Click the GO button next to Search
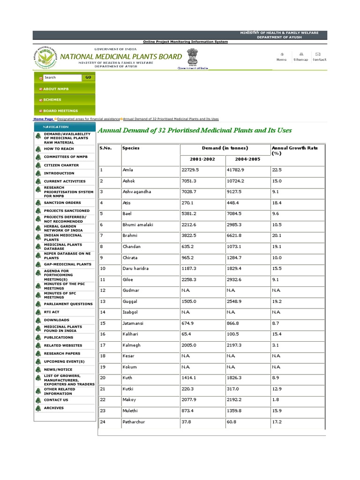point(88,77)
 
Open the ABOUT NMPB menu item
point(56,89)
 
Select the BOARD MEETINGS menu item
point(60,111)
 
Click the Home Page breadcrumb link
point(43,119)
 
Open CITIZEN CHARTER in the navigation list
point(61,165)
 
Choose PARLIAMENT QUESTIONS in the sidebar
point(68,304)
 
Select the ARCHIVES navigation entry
point(54,408)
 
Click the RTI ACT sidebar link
point(52,312)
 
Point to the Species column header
point(131,148)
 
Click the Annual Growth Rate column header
point(294,150)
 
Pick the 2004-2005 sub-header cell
point(247,159)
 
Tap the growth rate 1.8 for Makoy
point(275,400)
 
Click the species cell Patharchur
point(134,422)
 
